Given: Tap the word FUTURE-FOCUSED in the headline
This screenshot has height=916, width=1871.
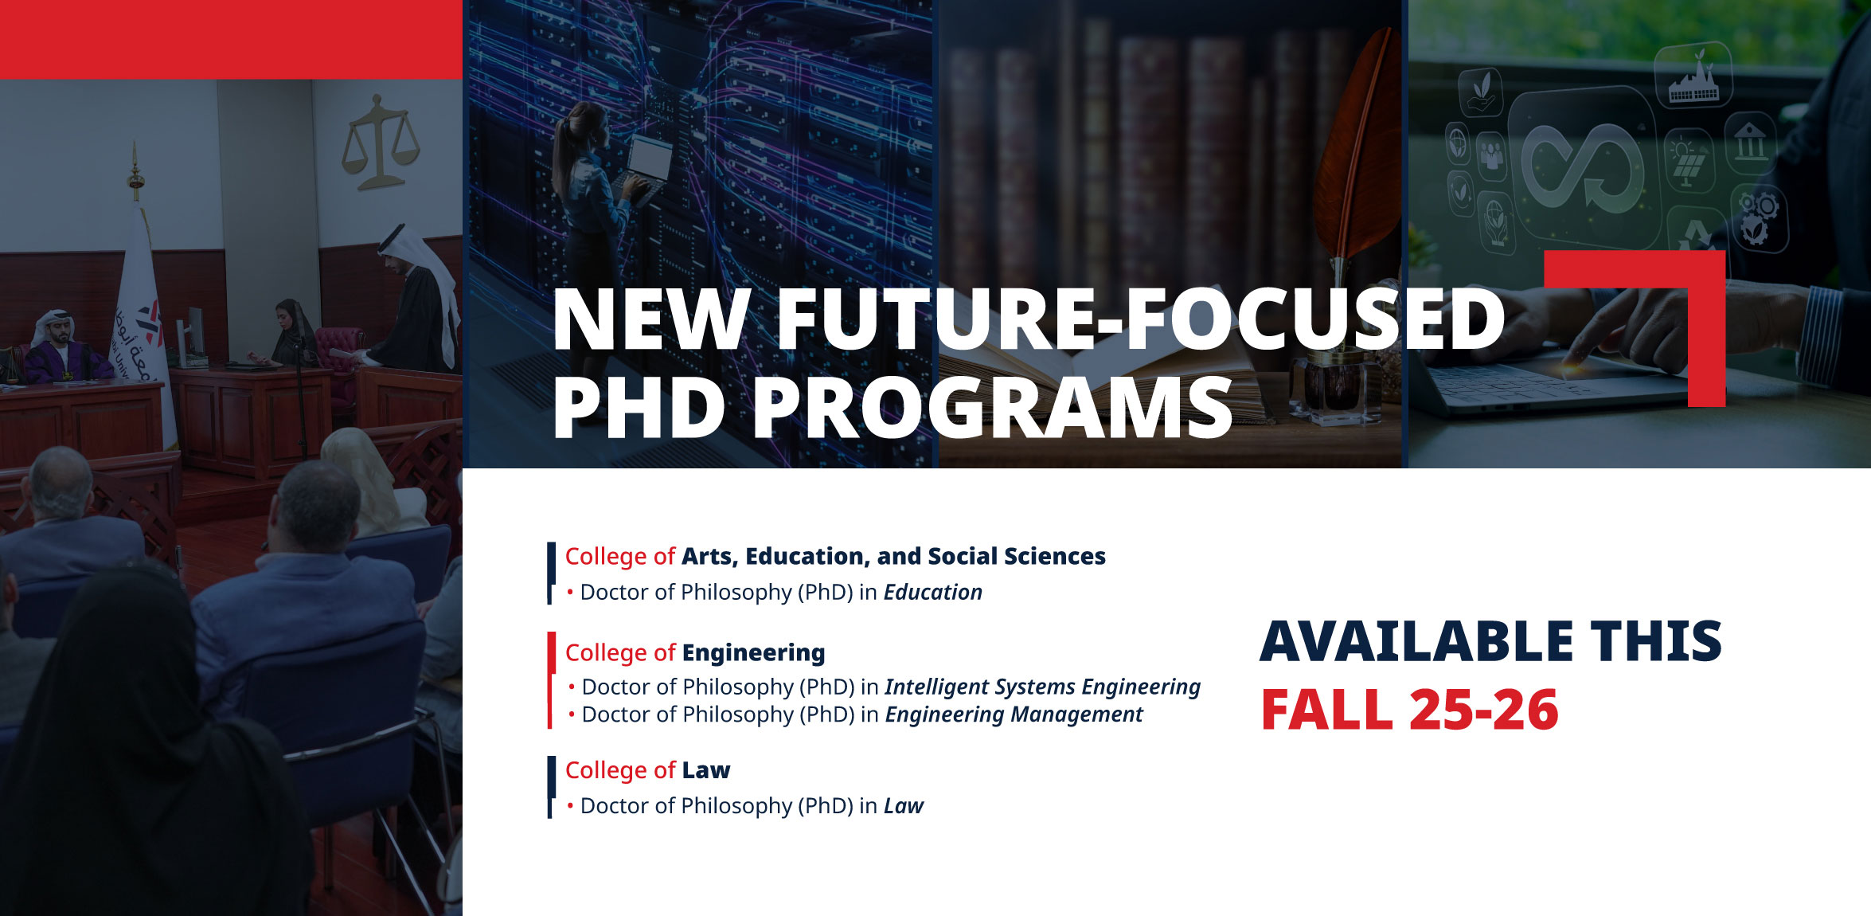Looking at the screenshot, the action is [x=1140, y=320].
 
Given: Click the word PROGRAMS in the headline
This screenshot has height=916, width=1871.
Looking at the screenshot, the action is [x=992, y=408].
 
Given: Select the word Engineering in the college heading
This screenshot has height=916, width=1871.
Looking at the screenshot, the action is [x=753, y=653].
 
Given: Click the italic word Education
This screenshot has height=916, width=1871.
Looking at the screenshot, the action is [x=932, y=593].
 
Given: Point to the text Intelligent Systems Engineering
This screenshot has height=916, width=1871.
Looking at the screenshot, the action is [x=1043, y=687].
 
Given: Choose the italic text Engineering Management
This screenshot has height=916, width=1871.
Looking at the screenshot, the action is [x=1014, y=715].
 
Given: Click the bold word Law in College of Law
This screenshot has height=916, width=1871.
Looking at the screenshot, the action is [x=705, y=770].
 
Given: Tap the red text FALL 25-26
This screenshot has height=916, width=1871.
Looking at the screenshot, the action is [x=1410, y=710].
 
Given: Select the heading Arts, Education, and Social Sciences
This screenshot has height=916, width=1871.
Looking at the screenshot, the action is [x=893, y=557].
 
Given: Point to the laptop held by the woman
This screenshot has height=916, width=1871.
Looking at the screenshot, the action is [x=646, y=163].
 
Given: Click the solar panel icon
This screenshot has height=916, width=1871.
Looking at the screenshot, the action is [x=1689, y=164].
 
